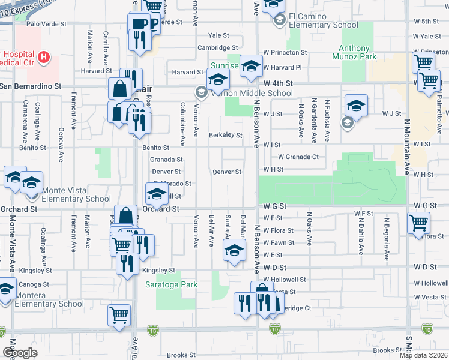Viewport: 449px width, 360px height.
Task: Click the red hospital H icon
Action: [x=43, y=57]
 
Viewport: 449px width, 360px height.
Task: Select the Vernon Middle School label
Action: [x=249, y=93]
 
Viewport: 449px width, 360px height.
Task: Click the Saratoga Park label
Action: [x=171, y=284]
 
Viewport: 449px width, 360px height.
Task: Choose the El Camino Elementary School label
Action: [x=323, y=20]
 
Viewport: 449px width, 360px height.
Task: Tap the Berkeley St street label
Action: [x=225, y=136]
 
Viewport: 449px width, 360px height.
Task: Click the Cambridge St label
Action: [x=218, y=47]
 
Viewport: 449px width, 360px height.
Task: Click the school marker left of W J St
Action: [x=356, y=106]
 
